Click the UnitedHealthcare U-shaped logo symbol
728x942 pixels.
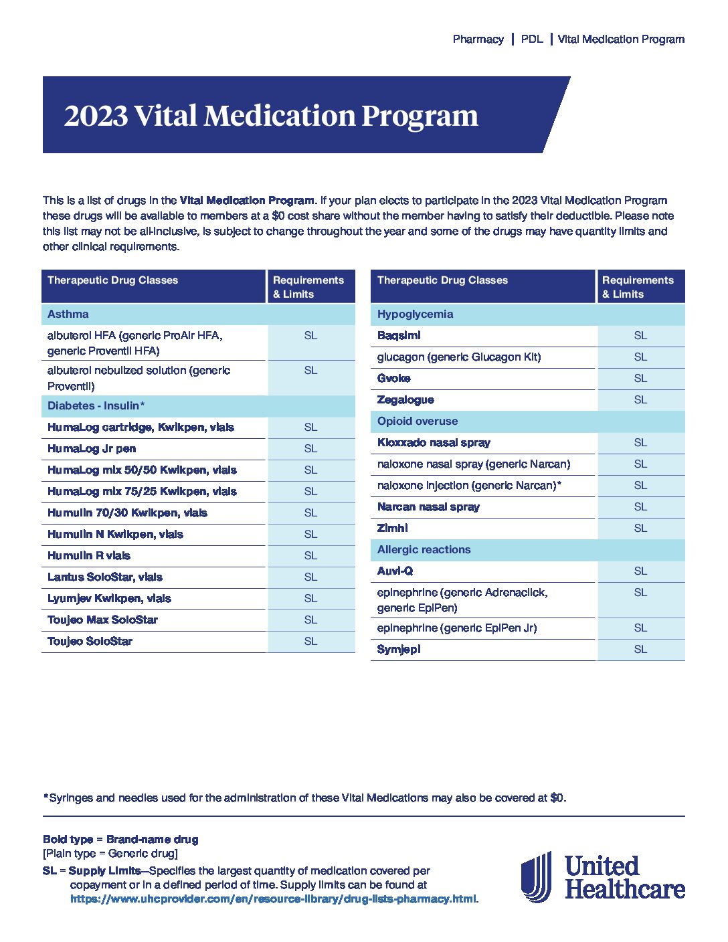[x=536, y=877]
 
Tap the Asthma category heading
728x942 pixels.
[x=68, y=314]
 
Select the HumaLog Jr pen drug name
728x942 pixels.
[x=92, y=448]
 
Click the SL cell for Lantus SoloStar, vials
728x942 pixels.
[x=310, y=577]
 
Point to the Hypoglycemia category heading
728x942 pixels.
[x=415, y=314]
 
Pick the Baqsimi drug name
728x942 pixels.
[x=399, y=336]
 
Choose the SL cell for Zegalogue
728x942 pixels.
[x=640, y=399]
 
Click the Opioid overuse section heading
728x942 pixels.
[x=417, y=421]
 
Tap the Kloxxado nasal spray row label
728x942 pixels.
[x=434, y=443]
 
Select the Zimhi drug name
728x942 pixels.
[x=392, y=528]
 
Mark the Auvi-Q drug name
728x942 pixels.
[x=395, y=571]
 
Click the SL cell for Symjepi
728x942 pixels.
[x=640, y=649]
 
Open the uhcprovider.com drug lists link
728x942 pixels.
[x=273, y=899]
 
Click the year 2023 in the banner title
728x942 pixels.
[x=96, y=116]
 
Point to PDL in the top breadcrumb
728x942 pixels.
[x=532, y=39]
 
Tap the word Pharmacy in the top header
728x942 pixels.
[x=478, y=39]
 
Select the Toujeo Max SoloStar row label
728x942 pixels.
[x=102, y=620]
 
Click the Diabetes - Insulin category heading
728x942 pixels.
[x=96, y=405]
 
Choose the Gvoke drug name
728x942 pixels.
[x=393, y=378]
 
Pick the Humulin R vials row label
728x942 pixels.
[x=89, y=555]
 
